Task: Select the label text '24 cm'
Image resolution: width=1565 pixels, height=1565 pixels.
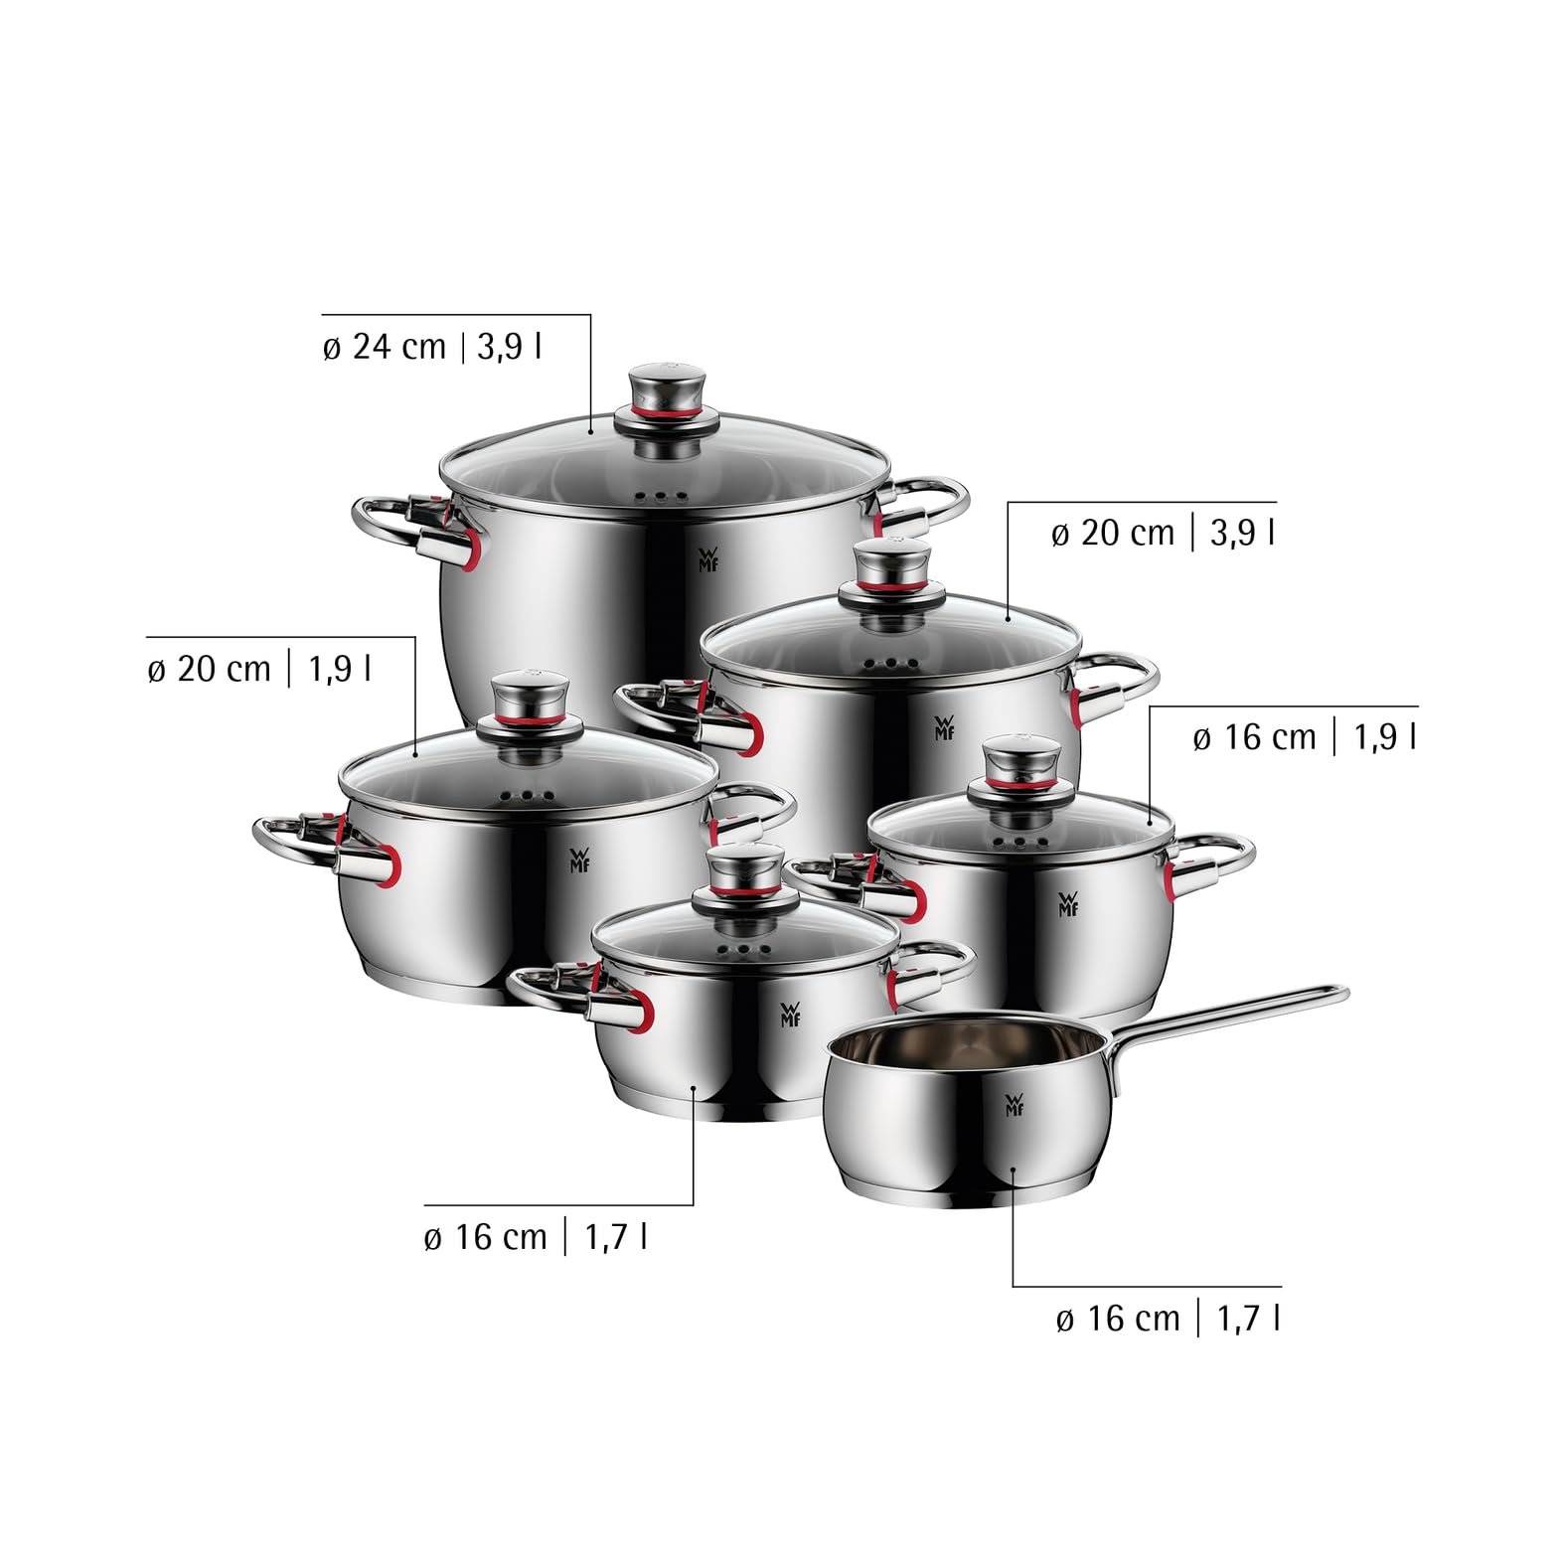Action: [385, 348]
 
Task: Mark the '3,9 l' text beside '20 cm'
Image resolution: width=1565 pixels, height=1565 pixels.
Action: [1242, 534]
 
